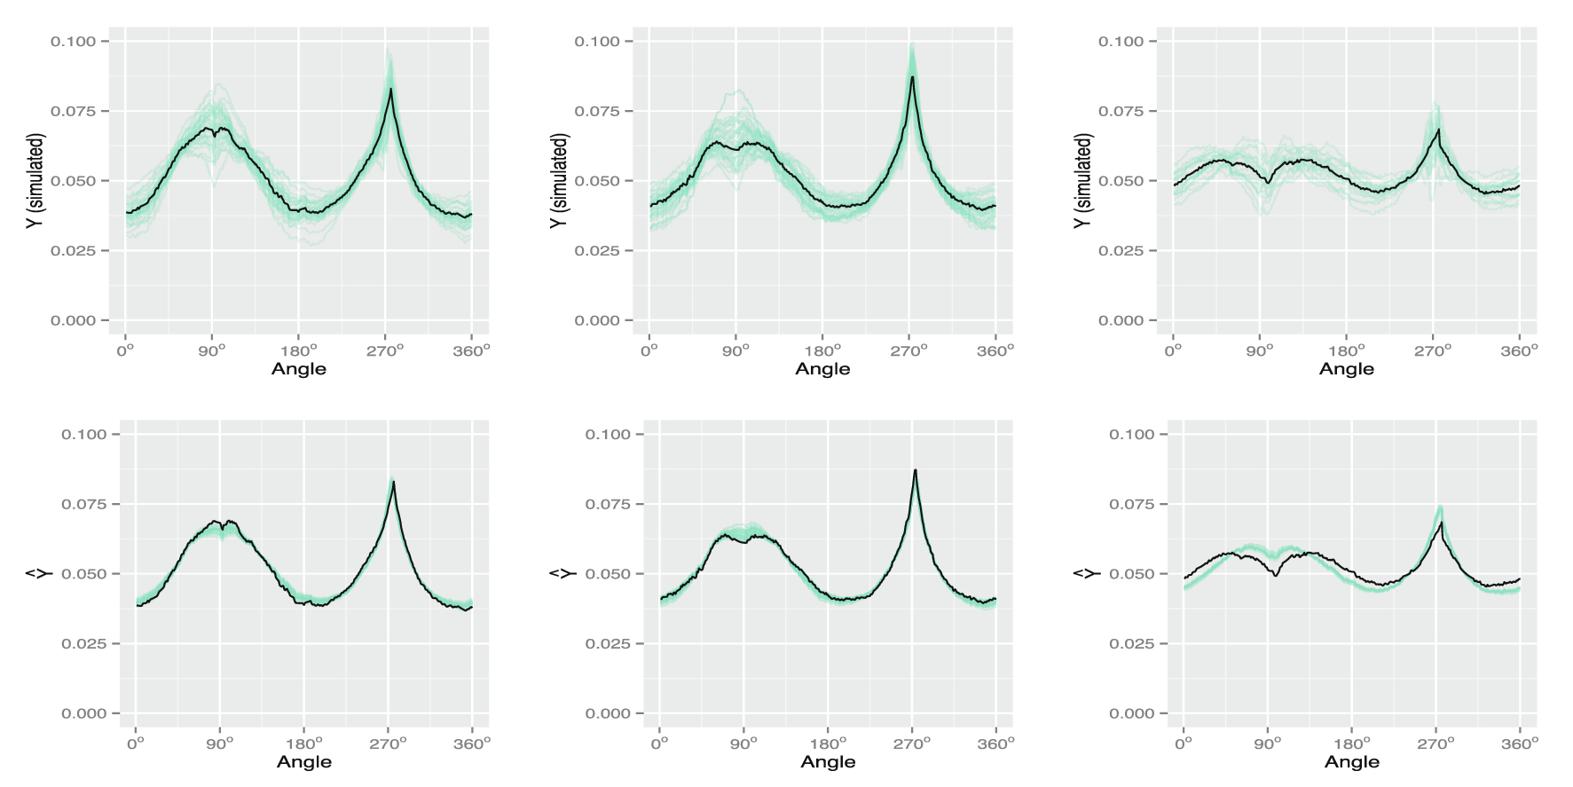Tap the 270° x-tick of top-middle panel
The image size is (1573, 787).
tap(908, 350)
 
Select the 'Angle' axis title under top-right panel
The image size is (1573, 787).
tap(1346, 369)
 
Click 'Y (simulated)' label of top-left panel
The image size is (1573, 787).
tap(35, 181)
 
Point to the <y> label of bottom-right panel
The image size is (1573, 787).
tap(1085, 574)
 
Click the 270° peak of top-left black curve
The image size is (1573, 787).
tap(390, 89)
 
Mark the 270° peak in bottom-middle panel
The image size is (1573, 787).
tap(916, 470)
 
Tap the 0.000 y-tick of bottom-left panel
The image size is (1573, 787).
tap(83, 714)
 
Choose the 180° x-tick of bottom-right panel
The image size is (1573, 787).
tap(1351, 744)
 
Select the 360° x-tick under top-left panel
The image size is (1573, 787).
tap(471, 350)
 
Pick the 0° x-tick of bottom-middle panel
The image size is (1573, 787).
tap(659, 744)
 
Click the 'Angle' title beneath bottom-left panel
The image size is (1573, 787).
tap(303, 762)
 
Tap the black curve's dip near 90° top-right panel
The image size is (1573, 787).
tap(1269, 183)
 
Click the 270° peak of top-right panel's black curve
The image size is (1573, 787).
tap(1438, 130)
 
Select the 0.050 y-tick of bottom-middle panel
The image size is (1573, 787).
tap(608, 574)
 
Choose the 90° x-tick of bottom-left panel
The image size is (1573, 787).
tap(220, 744)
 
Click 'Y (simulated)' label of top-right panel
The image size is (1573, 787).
tap(1082, 181)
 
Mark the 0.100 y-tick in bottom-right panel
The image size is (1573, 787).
tap(1131, 435)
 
